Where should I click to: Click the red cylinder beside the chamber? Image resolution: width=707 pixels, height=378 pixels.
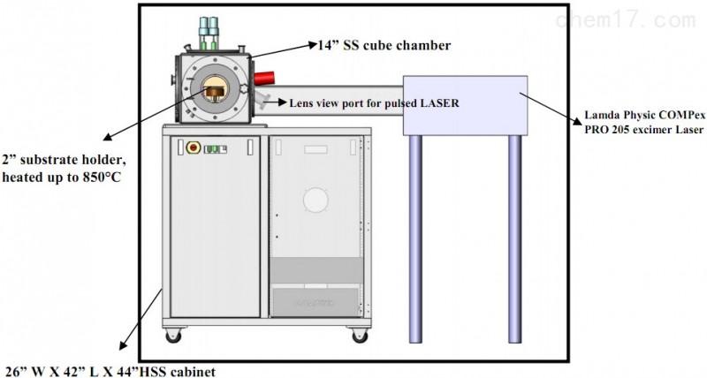[x=264, y=78]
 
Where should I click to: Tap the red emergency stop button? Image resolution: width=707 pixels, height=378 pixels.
[x=194, y=147]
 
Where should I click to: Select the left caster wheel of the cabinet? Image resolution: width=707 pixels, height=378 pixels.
[x=173, y=336]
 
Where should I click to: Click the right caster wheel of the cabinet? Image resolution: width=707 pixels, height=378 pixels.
[x=360, y=336]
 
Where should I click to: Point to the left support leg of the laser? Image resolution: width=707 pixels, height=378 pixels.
[x=415, y=238]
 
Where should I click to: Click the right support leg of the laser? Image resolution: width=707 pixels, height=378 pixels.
[x=515, y=238]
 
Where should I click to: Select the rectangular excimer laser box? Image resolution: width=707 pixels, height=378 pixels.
[x=465, y=105]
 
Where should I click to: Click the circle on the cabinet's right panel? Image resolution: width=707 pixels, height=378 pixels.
[x=315, y=200]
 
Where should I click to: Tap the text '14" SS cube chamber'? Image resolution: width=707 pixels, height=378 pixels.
[x=384, y=45]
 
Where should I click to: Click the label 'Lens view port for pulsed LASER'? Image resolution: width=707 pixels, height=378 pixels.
[x=374, y=102]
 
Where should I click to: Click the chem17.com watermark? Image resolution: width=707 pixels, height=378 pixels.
[x=626, y=20]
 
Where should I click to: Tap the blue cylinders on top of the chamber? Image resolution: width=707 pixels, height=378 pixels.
[x=209, y=26]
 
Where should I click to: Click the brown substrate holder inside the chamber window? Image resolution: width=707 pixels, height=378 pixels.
[x=216, y=92]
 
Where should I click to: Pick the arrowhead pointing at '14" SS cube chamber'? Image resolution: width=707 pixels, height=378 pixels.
[x=313, y=44]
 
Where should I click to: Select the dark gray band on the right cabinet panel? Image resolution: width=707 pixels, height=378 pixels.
[x=316, y=270]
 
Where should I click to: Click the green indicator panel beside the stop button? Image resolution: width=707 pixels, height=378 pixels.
[x=215, y=149]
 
